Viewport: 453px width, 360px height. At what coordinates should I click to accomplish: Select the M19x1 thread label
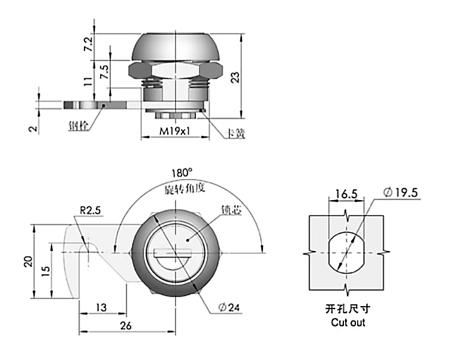pyautogui.click(x=175, y=131)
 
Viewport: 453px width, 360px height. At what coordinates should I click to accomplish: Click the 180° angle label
pyautogui.click(x=180, y=173)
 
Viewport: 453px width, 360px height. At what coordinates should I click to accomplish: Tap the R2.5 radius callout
pyautogui.click(x=91, y=211)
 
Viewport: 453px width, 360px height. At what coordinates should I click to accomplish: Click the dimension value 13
pyautogui.click(x=101, y=307)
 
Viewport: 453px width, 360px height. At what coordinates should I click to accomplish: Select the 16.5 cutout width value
pyautogui.click(x=346, y=194)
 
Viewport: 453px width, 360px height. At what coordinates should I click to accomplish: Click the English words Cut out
pyautogui.click(x=348, y=322)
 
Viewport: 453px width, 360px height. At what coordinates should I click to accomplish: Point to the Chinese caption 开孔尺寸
pyautogui.click(x=348, y=310)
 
